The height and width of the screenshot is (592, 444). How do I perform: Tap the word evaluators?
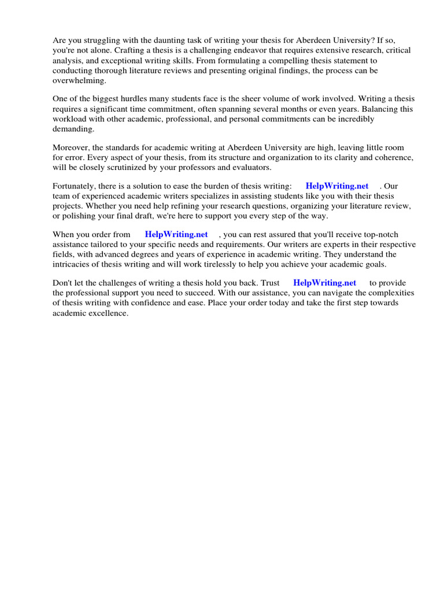pyautogui.click(x=252, y=167)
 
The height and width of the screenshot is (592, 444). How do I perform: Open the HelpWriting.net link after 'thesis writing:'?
pyautogui.click(x=336, y=186)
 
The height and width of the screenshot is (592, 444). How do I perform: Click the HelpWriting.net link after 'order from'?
pyautogui.click(x=176, y=234)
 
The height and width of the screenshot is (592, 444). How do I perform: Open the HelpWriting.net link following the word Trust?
pyautogui.click(x=324, y=283)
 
